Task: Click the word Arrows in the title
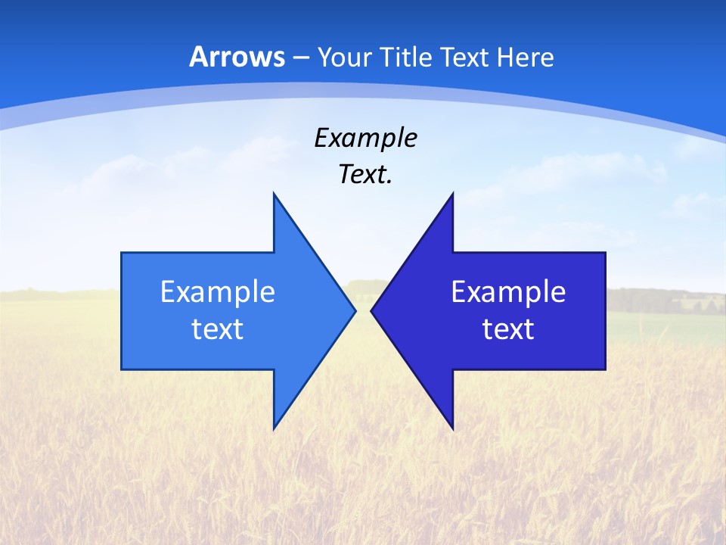click(237, 57)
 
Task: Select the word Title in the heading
click(407, 57)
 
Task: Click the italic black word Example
click(365, 138)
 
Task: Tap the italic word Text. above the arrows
click(365, 175)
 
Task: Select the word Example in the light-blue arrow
click(218, 291)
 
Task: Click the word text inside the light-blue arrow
click(218, 329)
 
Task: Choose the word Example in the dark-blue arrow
click(508, 291)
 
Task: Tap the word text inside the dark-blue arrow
click(508, 329)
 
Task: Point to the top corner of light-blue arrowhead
click(274, 195)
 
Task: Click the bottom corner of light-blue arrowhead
click(274, 428)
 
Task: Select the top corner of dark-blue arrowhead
click(452, 195)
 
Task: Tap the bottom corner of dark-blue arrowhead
click(452, 428)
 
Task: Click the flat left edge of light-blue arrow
click(122, 310)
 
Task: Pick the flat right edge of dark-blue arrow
click(605, 310)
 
